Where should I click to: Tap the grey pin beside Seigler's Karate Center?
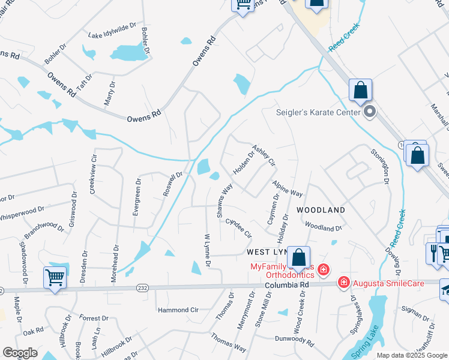coord(369,112)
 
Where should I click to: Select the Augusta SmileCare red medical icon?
coord(343,281)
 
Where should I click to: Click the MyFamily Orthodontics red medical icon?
coord(323,270)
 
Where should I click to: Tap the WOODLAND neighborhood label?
coord(321,210)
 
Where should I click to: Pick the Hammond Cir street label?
coord(178,310)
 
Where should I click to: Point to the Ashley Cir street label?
coord(264,155)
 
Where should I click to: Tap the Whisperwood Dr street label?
coord(21,213)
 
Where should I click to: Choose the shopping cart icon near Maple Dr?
coord(55,278)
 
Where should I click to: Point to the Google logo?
coord(20,353)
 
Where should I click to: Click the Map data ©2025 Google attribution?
coord(412,355)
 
